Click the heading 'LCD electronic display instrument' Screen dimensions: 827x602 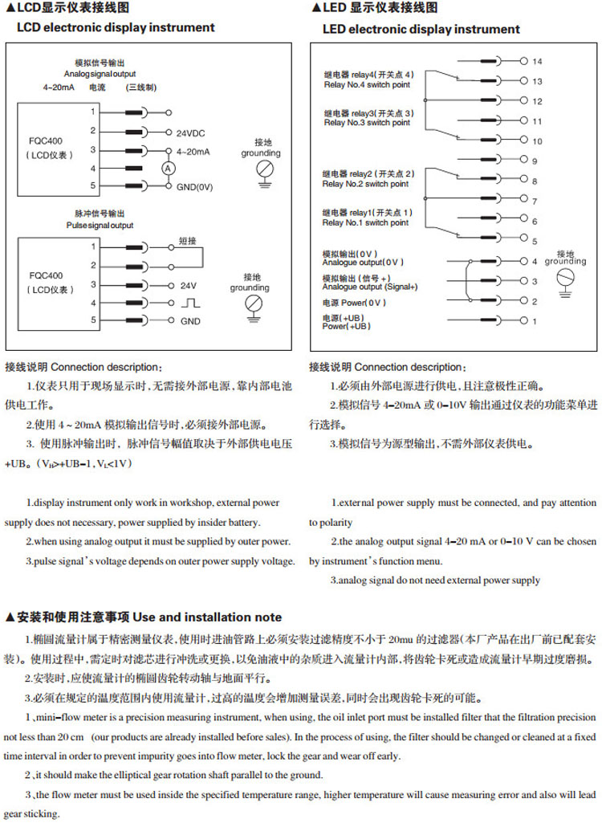[116, 27]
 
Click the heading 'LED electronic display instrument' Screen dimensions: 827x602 [421, 29]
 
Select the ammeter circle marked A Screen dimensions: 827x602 [168, 167]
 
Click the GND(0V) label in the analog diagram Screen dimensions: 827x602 [194, 186]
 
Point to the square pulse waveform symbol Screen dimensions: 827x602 [190, 303]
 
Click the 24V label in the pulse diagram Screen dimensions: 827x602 [188, 285]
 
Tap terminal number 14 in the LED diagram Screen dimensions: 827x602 [537, 61]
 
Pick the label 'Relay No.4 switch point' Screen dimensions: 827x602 [366, 84]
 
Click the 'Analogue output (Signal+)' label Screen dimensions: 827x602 [369, 287]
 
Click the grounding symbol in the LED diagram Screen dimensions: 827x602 [565, 278]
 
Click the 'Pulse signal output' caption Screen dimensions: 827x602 [100, 226]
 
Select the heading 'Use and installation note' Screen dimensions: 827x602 [207, 617]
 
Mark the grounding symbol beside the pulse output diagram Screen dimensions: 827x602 [254, 304]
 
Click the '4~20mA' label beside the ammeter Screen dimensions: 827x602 [193, 151]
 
